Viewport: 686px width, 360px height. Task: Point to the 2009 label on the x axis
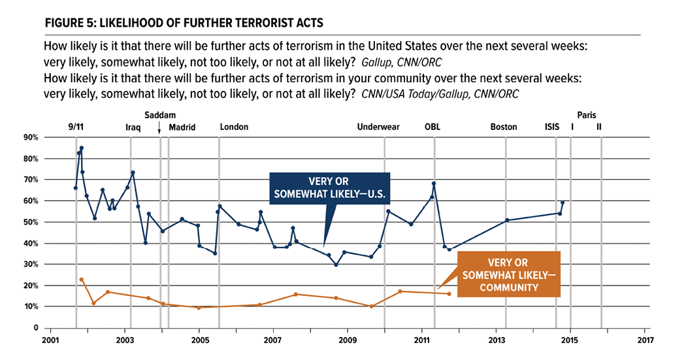coord(348,340)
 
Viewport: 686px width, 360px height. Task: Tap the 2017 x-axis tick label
coord(644,340)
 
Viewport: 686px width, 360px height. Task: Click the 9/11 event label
coord(75,127)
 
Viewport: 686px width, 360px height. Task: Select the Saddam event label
coord(159,115)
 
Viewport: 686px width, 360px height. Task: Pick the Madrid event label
coord(182,127)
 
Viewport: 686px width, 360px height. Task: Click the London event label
coord(234,127)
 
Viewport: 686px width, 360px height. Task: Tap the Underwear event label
coord(378,127)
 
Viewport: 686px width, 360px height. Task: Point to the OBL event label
coord(433,127)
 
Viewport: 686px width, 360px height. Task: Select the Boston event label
coord(504,127)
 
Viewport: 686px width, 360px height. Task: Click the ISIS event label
coord(552,127)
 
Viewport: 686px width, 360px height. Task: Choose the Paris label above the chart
coord(587,115)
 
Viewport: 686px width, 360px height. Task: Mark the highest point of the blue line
coord(81,148)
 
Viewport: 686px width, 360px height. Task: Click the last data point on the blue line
coord(563,203)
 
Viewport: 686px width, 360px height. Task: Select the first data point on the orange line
coord(81,280)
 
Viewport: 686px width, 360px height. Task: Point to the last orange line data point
coord(449,293)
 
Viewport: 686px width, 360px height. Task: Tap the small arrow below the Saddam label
coord(159,129)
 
